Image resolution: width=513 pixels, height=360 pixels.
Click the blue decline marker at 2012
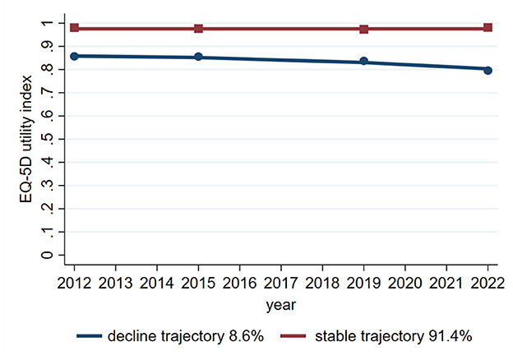(75, 56)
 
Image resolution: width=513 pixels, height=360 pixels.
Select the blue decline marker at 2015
(198, 58)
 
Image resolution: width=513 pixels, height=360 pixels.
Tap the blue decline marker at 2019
(363, 62)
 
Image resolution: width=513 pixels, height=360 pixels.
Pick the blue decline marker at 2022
(488, 70)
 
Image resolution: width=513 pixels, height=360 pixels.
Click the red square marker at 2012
(75, 28)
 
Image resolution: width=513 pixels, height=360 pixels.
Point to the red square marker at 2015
(198, 29)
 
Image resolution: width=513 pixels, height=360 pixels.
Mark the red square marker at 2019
(363, 29)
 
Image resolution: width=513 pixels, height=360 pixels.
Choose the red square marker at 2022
(488, 28)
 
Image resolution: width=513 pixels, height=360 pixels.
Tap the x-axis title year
(281, 305)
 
